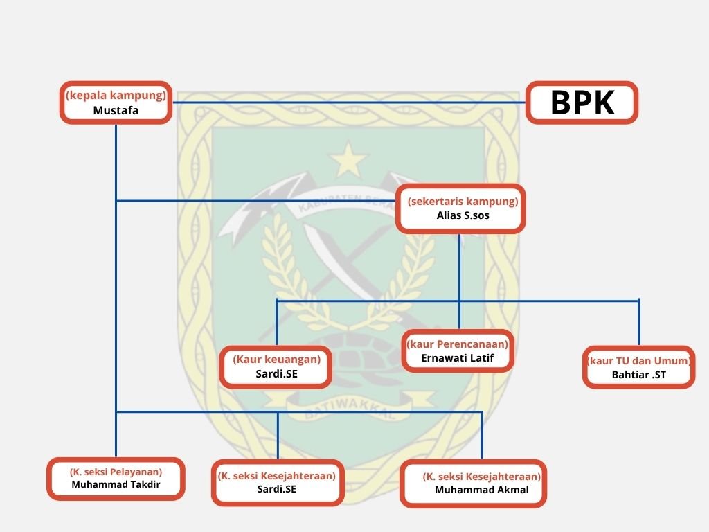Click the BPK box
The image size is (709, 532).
coord(582,103)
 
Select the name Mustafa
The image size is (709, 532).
coord(116,110)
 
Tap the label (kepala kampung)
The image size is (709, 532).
coord(116,95)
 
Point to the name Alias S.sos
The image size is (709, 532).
coord(463,215)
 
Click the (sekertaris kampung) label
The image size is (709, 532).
coord(463,202)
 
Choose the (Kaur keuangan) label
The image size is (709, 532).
coord(277,360)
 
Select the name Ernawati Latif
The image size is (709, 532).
coord(457,358)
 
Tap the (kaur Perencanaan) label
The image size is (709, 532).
coord(457,344)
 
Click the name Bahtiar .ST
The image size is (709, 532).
coord(638,375)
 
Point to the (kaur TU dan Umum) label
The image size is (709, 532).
coord(639,360)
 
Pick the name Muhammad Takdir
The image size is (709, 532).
coord(116,484)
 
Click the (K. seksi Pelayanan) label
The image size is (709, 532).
coord(116,472)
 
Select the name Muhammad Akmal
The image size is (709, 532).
coord(482,490)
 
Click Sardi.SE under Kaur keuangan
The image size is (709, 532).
coord(277,373)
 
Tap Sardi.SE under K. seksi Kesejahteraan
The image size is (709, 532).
coord(277,489)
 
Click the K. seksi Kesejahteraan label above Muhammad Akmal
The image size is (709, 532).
coord(482,477)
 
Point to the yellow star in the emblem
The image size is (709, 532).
coord(348,160)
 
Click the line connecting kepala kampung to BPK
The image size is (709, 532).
coord(349,103)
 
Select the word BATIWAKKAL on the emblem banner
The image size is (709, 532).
coord(349,409)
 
